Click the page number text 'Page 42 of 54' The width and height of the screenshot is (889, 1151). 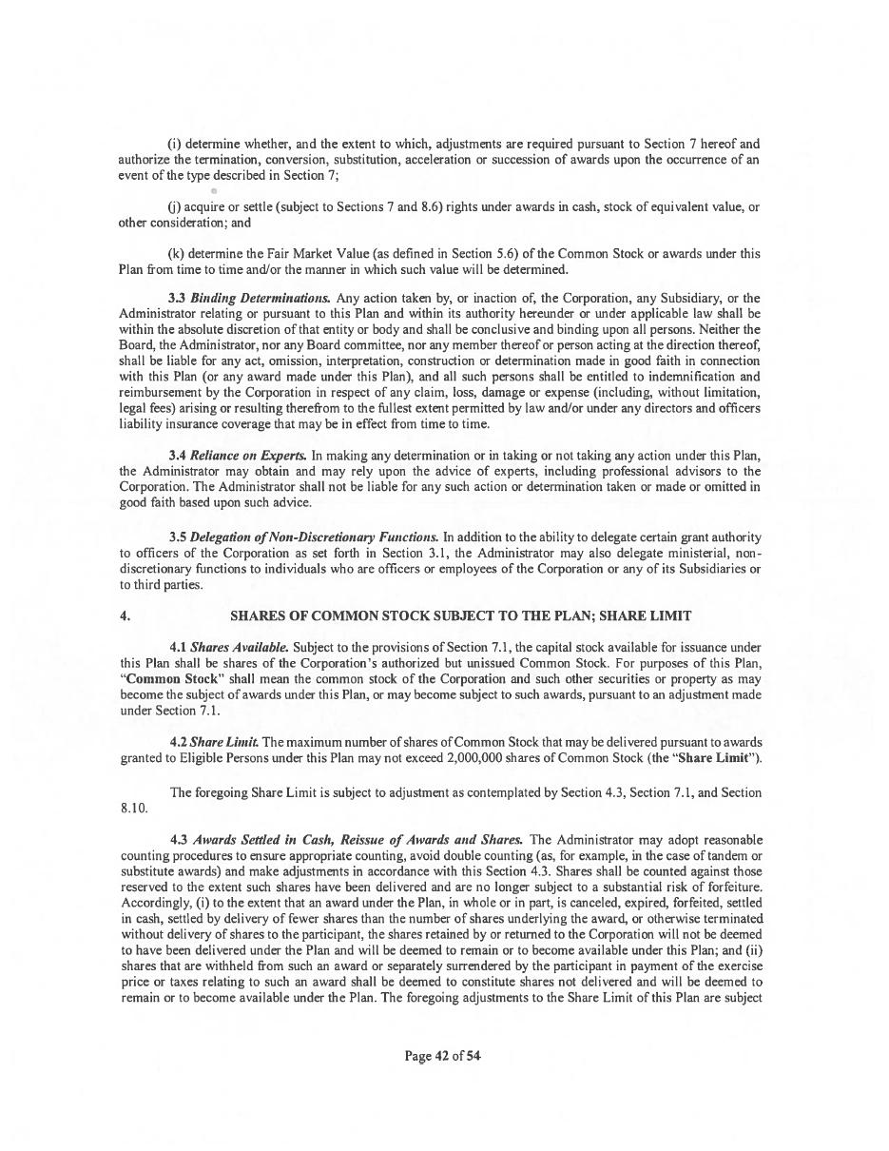click(x=443, y=1055)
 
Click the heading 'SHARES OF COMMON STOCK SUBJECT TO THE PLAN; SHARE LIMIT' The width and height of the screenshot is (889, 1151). click(x=460, y=616)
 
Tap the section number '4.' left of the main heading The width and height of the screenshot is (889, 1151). click(x=126, y=616)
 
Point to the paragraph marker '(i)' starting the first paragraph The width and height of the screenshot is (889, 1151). click(x=174, y=145)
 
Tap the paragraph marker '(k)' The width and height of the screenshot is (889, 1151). click(x=176, y=254)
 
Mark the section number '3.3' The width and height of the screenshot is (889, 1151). click(x=177, y=299)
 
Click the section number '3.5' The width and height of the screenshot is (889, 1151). click(x=178, y=537)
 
